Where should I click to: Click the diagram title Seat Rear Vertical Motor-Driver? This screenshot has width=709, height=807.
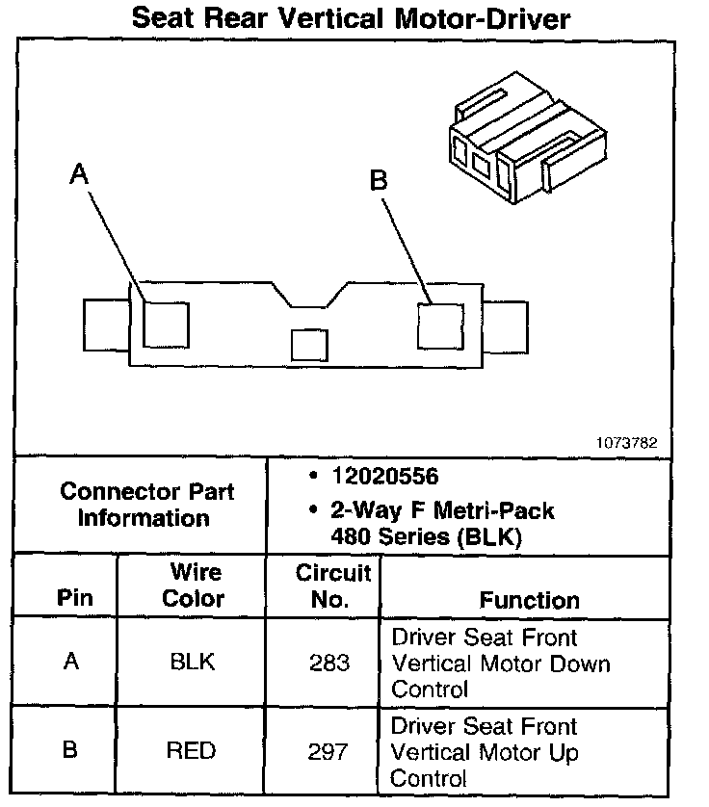click(351, 18)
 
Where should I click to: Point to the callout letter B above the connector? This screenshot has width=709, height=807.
click(380, 179)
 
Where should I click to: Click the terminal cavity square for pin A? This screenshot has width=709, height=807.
click(166, 323)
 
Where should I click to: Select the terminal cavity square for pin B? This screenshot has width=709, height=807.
click(439, 325)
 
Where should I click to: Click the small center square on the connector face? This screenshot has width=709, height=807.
click(310, 345)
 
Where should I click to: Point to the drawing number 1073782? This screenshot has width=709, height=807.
click(627, 443)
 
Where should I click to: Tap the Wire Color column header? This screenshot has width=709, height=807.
click(193, 586)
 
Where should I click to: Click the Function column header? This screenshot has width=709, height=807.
click(529, 600)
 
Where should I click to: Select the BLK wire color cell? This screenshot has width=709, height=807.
click(192, 663)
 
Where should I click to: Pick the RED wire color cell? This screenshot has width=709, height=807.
click(192, 750)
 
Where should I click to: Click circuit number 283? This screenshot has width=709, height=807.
click(330, 663)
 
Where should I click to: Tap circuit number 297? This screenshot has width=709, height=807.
click(330, 750)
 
